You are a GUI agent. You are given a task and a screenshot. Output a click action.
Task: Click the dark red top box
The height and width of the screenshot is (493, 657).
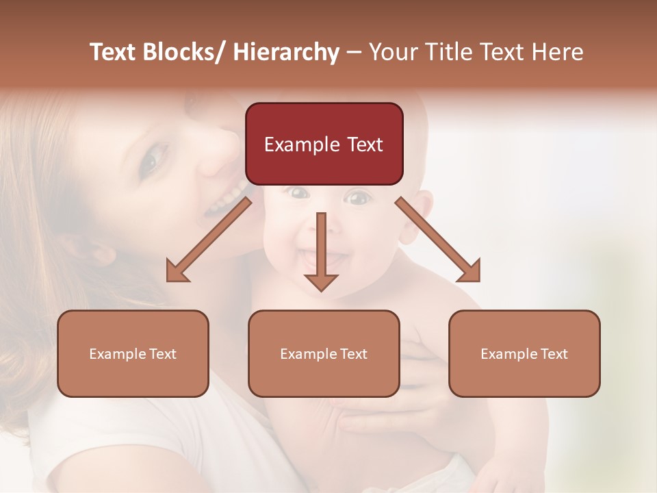click(x=324, y=144)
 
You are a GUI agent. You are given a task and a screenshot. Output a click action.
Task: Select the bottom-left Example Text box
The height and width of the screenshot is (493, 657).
click(x=133, y=353)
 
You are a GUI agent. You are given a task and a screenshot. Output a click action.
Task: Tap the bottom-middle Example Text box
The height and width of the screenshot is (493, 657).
click(x=324, y=353)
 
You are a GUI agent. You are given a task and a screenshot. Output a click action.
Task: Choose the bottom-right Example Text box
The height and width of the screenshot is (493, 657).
click(x=524, y=353)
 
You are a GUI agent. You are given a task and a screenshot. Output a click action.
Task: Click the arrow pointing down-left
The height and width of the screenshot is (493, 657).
click(x=209, y=240)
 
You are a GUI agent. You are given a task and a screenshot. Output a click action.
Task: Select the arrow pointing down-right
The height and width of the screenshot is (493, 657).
click(x=439, y=240)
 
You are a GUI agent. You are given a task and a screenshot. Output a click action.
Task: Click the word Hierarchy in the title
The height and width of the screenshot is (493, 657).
click(x=285, y=53)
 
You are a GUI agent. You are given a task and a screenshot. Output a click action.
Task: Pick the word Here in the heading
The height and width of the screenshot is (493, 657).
click(x=557, y=53)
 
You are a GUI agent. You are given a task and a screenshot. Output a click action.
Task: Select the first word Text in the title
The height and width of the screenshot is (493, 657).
click(x=113, y=53)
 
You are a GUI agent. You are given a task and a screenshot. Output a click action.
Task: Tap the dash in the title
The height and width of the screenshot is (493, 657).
click(x=354, y=53)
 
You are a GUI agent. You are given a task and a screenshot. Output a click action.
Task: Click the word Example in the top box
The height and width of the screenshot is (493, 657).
click(x=302, y=144)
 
